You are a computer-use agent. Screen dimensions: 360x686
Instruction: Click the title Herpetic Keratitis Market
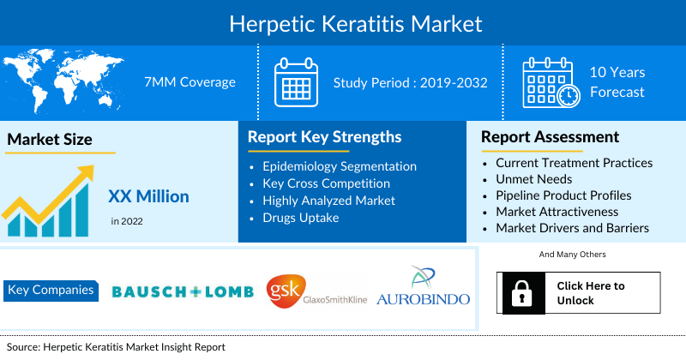[343, 22]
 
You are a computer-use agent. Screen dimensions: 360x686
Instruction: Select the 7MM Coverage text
[190, 82]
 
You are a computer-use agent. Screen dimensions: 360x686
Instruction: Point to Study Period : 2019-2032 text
[411, 83]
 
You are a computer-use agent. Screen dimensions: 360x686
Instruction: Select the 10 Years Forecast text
[617, 82]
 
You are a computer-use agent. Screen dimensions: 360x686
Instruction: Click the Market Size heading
[50, 140]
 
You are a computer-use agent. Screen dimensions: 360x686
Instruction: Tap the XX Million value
[148, 196]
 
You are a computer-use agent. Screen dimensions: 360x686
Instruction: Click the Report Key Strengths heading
[324, 137]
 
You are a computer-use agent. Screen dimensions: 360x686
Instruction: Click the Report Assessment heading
[550, 137]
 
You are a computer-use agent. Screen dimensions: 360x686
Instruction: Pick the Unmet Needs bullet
[535, 179]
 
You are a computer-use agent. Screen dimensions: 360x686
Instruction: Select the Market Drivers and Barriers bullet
[572, 228]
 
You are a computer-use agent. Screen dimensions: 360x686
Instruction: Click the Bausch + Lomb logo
[183, 291]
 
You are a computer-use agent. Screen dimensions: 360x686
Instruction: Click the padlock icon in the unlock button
[521, 293]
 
